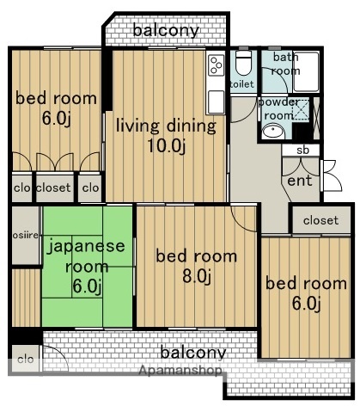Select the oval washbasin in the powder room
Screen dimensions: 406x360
point(273,131)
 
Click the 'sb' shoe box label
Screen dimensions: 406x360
point(302,151)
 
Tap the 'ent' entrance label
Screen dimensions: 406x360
point(300,181)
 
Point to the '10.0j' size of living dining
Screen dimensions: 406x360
point(166,145)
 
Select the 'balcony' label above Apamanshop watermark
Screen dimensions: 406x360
point(193,352)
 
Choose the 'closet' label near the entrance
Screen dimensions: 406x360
point(320,221)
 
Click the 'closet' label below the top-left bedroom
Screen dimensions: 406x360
point(53,186)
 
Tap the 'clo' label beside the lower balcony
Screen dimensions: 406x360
point(25,360)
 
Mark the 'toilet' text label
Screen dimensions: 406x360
point(242,84)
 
